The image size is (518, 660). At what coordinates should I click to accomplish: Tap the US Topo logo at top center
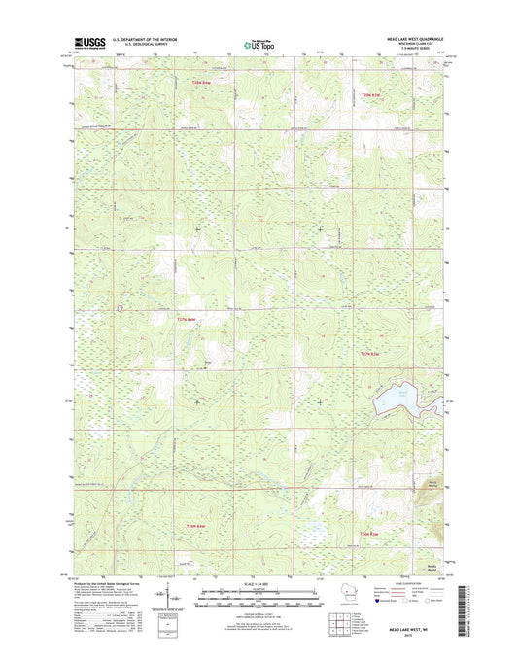point(259,44)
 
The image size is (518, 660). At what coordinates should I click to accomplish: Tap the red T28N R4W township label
point(199,86)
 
